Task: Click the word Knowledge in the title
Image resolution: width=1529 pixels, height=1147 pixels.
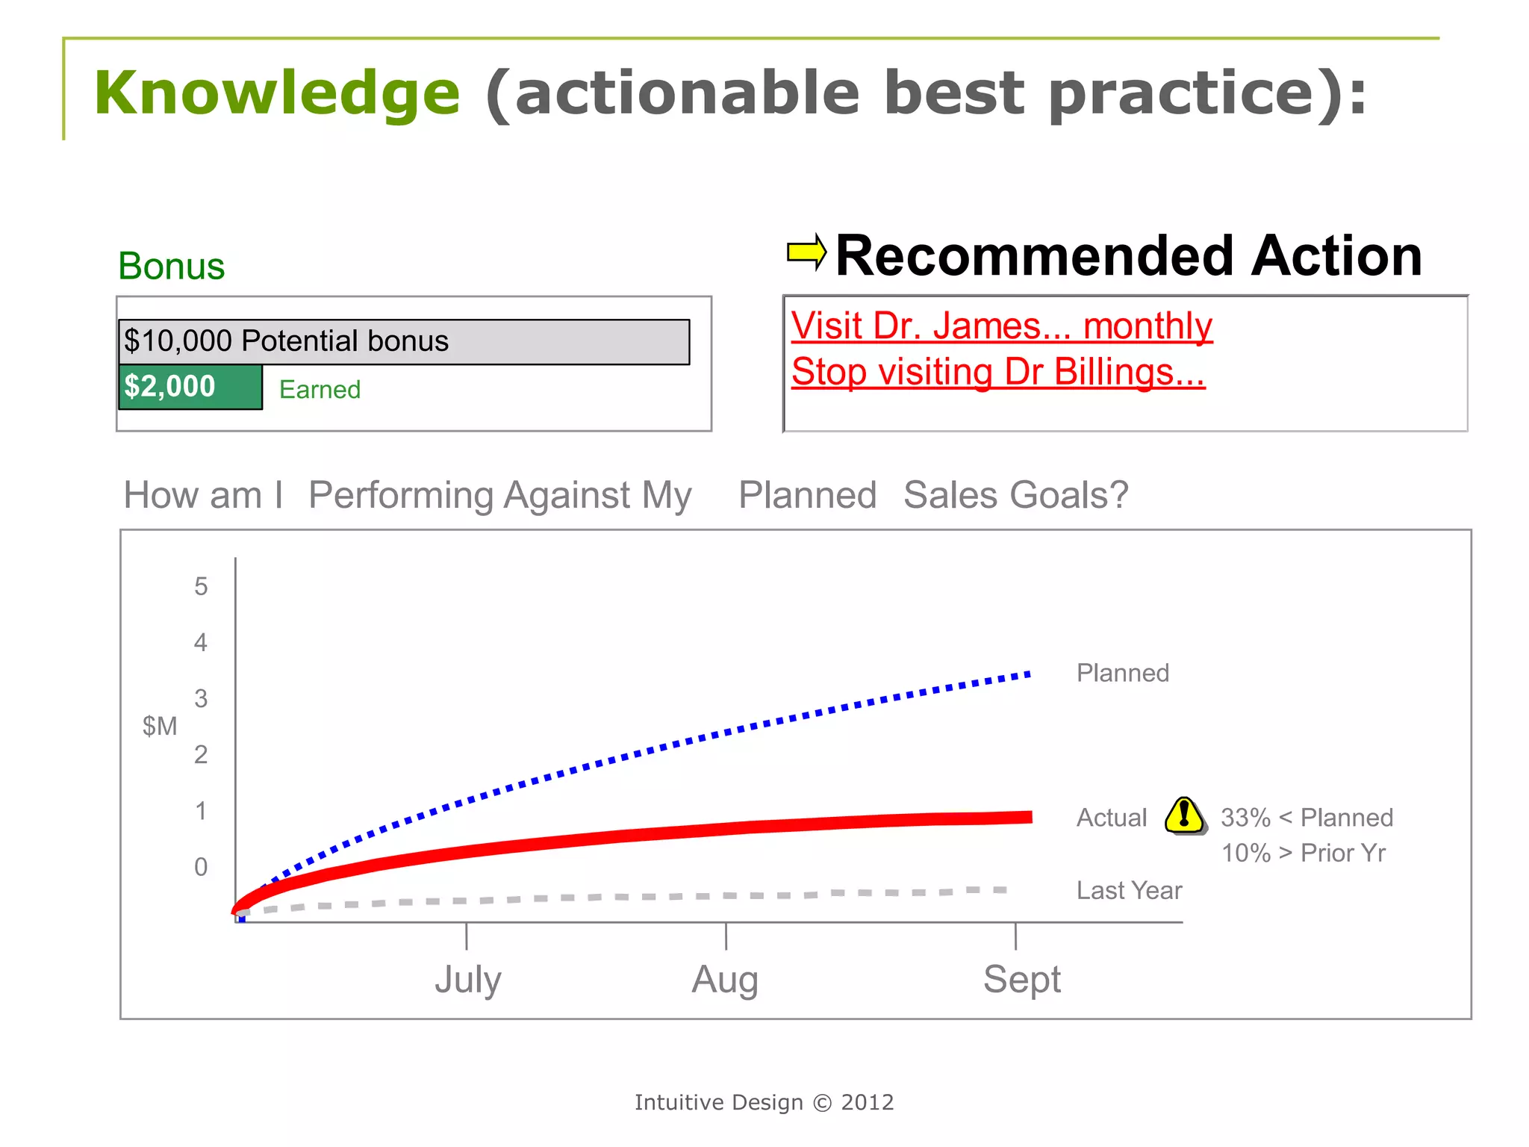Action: [x=277, y=93]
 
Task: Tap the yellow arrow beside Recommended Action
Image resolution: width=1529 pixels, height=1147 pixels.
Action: [x=806, y=252]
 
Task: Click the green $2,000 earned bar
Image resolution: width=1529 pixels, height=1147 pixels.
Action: [x=190, y=387]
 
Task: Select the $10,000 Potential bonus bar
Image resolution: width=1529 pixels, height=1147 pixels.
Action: [x=403, y=341]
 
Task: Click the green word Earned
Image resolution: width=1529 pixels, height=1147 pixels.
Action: [x=320, y=390]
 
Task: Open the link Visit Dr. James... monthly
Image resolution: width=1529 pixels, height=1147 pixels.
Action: [x=1001, y=326]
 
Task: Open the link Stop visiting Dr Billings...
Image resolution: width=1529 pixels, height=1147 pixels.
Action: [x=998, y=372]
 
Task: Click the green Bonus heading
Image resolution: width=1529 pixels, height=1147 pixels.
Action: [x=171, y=267]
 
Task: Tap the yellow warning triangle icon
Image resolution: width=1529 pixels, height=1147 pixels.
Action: [x=1184, y=815]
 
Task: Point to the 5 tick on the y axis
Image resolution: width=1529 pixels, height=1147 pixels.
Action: [x=201, y=586]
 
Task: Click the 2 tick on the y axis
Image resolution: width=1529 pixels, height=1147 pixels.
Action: [x=201, y=755]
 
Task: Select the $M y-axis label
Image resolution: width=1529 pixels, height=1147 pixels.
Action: [x=160, y=726]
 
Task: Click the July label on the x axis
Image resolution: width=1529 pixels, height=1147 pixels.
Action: [x=468, y=979]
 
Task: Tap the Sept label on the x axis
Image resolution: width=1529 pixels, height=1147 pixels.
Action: [x=1021, y=979]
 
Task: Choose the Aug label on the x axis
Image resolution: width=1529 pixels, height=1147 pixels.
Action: [x=725, y=979]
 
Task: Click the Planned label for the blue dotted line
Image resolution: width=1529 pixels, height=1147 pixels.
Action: [x=1122, y=673]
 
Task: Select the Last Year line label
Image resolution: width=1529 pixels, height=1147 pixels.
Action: [x=1129, y=890]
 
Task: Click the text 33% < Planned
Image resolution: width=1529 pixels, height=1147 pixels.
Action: [x=1307, y=818]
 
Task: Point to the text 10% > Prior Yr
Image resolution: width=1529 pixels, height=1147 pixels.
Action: [x=1303, y=853]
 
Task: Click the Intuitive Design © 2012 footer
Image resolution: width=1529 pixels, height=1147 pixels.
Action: [x=764, y=1102]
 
